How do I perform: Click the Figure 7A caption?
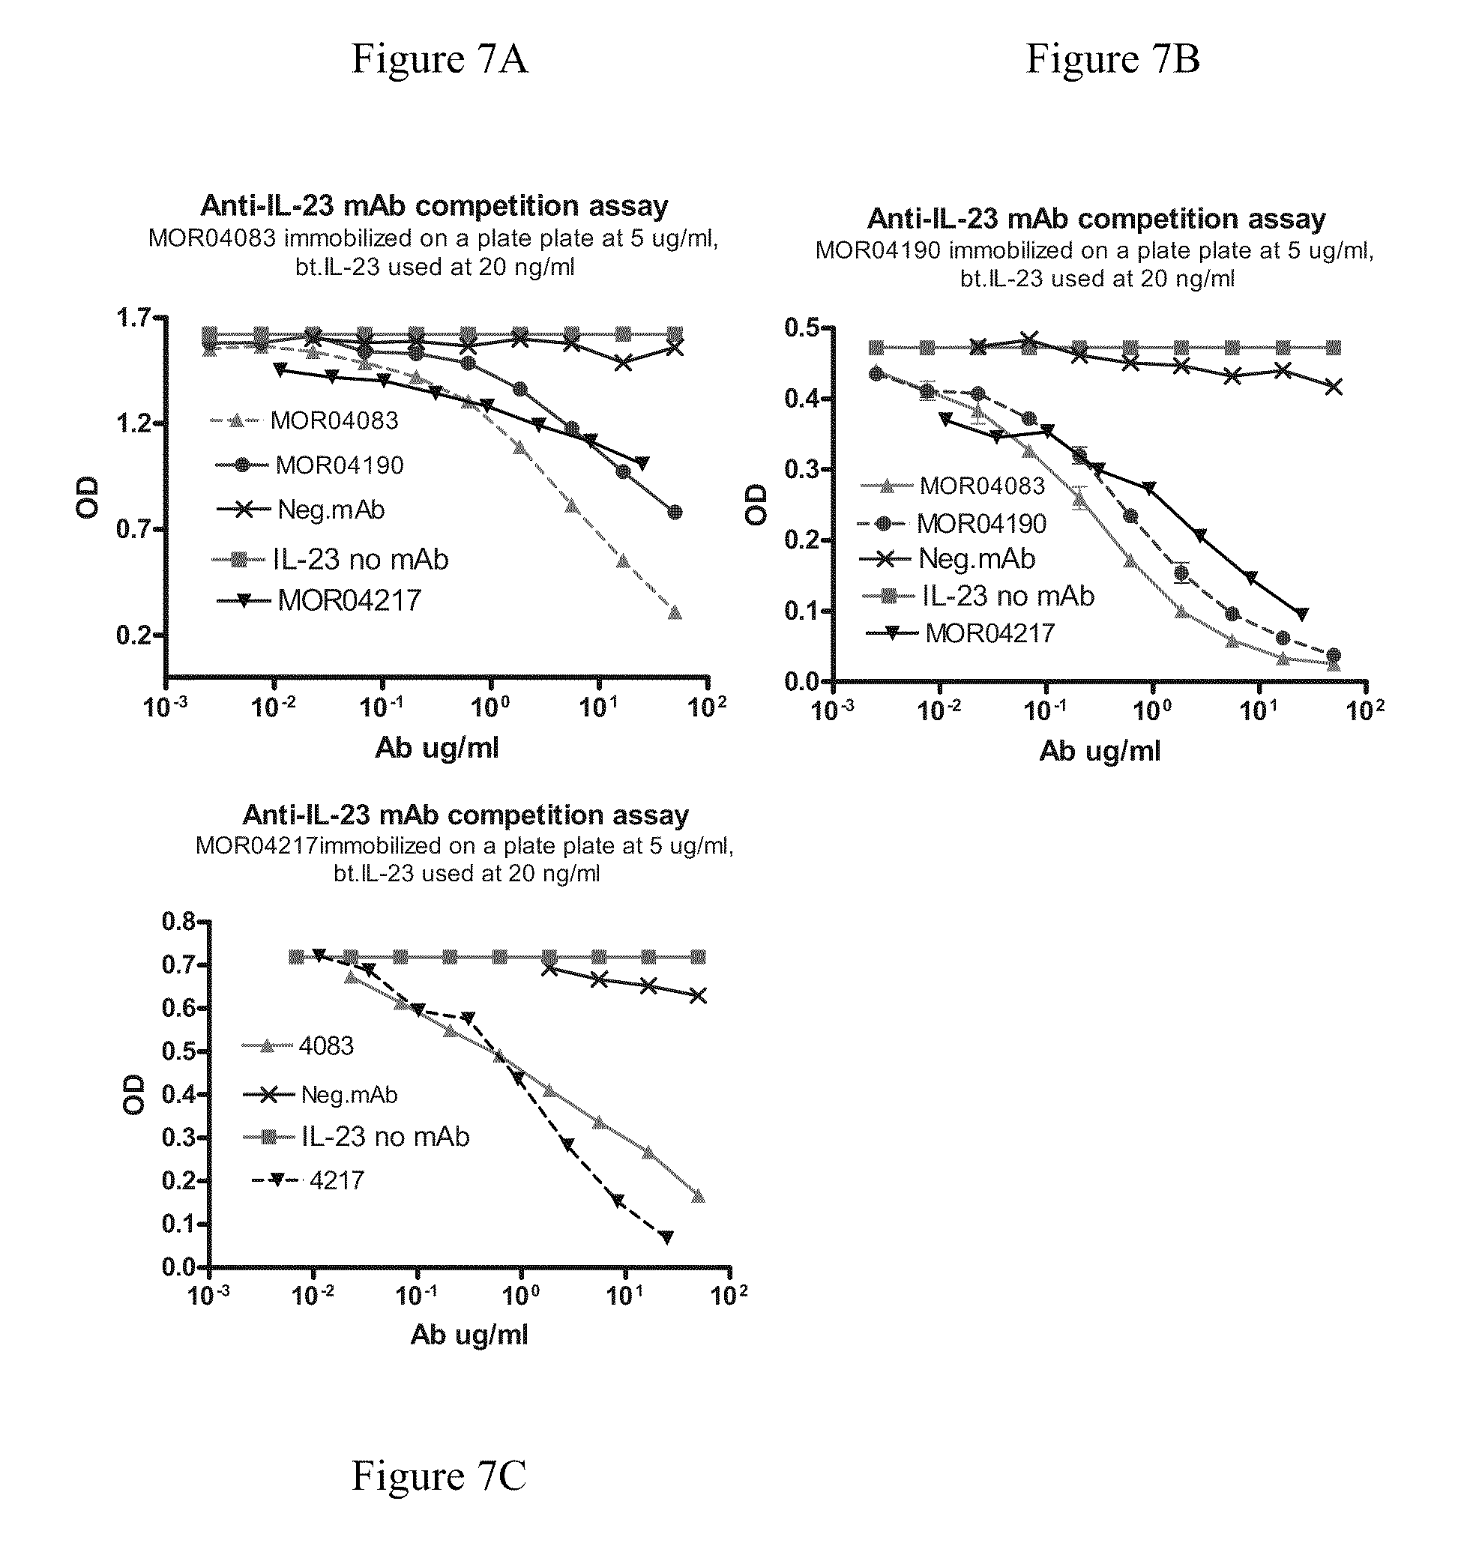439,58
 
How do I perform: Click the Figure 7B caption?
1112,58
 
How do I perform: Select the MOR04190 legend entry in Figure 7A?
309,465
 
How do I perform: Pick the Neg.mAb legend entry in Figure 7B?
948,558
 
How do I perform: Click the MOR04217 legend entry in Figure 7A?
319,600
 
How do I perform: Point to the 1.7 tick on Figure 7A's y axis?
133,318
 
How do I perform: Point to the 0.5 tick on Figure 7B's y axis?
802,327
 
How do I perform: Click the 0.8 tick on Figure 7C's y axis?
178,921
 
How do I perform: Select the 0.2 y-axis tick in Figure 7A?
133,635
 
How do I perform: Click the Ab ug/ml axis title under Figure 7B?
1100,751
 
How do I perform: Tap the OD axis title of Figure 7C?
134,1094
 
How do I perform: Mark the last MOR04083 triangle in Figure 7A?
675,612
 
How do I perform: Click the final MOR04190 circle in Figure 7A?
675,512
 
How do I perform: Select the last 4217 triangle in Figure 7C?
666,1236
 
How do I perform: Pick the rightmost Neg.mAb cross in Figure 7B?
1334,387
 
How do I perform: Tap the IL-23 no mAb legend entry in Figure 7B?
977,596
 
